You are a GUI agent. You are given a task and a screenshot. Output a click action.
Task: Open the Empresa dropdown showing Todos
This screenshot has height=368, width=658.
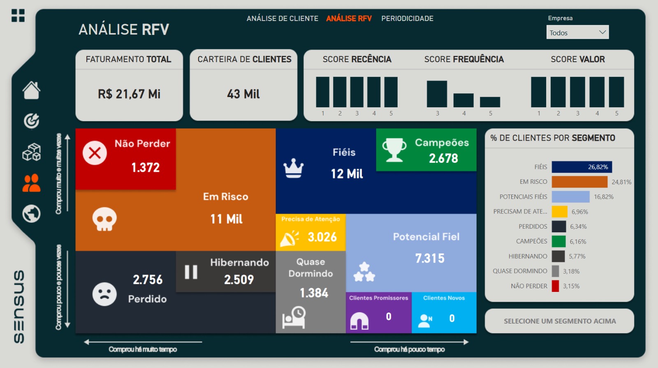click(x=577, y=32)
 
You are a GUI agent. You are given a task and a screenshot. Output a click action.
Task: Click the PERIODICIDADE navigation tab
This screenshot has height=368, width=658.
click(x=407, y=19)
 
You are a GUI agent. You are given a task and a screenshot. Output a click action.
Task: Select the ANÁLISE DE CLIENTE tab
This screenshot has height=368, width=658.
click(x=282, y=19)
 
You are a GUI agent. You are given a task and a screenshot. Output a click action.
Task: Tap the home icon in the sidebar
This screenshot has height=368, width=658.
click(x=31, y=90)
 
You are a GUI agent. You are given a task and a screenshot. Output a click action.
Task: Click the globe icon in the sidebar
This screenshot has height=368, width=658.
click(x=31, y=214)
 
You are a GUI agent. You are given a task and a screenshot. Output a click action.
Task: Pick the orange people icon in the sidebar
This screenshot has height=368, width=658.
click(x=31, y=183)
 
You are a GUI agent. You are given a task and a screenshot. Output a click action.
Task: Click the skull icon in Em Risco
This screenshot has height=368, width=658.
click(x=104, y=219)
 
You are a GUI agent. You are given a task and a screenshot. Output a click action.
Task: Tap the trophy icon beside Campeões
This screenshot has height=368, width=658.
click(x=394, y=150)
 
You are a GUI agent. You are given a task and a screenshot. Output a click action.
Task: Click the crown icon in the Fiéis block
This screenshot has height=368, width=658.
click(x=294, y=168)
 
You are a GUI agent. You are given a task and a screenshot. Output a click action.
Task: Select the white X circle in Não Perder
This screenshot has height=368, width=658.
click(x=95, y=153)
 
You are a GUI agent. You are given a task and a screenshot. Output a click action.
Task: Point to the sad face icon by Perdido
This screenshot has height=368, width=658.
click(x=104, y=294)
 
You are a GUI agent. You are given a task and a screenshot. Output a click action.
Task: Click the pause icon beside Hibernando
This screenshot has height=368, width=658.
click(x=191, y=272)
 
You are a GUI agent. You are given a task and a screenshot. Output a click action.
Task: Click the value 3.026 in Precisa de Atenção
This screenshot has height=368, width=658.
click(x=322, y=237)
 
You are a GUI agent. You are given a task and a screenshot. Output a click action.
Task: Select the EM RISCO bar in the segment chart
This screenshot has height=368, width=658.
click(x=579, y=182)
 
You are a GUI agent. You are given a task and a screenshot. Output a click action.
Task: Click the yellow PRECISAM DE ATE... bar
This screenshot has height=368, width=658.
click(x=559, y=212)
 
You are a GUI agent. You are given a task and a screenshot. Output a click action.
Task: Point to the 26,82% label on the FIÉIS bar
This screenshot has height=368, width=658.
click(x=598, y=167)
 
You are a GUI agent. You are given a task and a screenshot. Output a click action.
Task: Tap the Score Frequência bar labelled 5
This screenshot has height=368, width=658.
click(x=490, y=102)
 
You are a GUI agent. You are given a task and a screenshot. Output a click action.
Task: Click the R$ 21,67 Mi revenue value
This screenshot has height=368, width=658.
click(x=129, y=94)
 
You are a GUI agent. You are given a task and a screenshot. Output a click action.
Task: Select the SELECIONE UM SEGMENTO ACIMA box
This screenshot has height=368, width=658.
click(x=559, y=321)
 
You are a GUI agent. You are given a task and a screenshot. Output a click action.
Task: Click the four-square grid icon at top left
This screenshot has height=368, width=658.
click(x=18, y=16)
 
